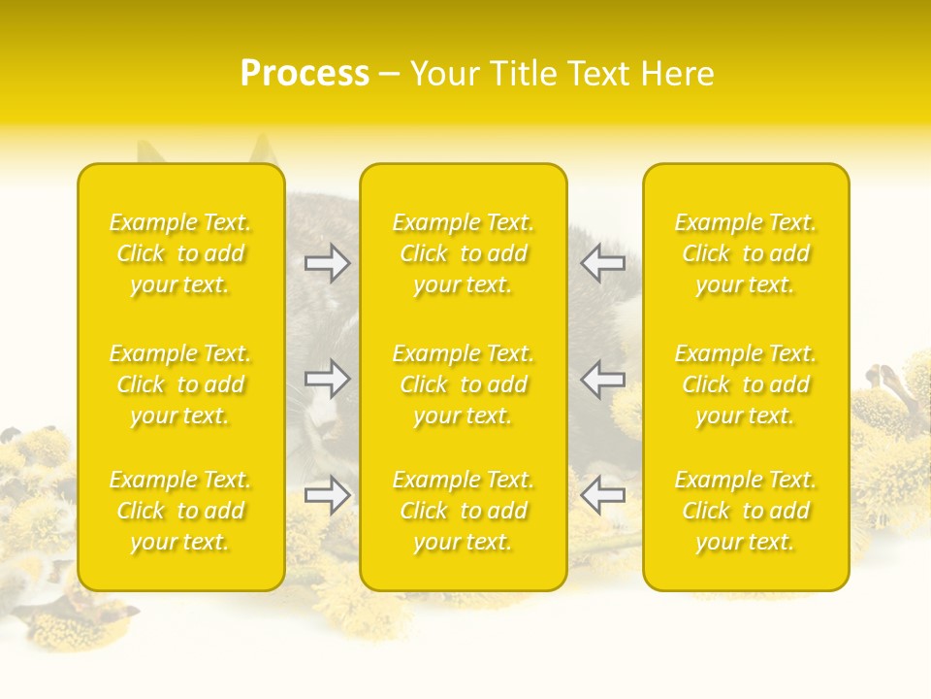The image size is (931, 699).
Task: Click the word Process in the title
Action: pyautogui.click(x=305, y=74)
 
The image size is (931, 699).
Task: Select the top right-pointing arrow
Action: pyautogui.click(x=328, y=262)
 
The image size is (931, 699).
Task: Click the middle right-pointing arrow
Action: pyautogui.click(x=328, y=379)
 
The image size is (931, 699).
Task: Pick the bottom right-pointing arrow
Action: pyautogui.click(x=328, y=495)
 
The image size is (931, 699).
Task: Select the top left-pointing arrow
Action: pyautogui.click(x=602, y=262)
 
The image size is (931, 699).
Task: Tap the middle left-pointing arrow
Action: pyautogui.click(x=602, y=379)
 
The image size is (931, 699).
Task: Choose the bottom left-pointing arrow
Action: pyautogui.click(x=602, y=495)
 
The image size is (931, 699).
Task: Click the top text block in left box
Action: pyautogui.click(x=180, y=253)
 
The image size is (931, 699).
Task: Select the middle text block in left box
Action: pyautogui.click(x=180, y=384)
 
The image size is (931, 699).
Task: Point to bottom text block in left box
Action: pyautogui.click(x=180, y=511)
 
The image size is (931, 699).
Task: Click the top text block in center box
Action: pyautogui.click(x=463, y=253)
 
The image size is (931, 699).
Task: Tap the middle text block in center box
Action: pyautogui.click(x=463, y=384)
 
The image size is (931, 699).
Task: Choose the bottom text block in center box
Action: pyautogui.click(x=463, y=511)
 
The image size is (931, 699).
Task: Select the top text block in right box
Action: pyautogui.click(x=745, y=253)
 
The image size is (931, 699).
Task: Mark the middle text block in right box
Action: pyautogui.click(x=745, y=384)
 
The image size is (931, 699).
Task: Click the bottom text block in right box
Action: pyautogui.click(x=745, y=511)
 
